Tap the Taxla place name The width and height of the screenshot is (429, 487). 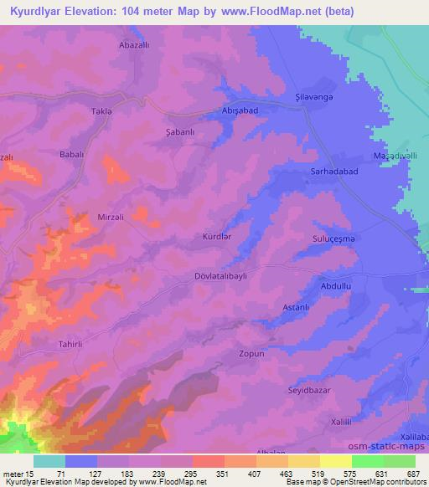(101, 111)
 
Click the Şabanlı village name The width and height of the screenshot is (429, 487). (182, 132)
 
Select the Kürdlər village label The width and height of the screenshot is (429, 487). (217, 237)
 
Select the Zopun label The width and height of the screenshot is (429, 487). (251, 354)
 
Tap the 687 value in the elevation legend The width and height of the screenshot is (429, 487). (414, 474)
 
